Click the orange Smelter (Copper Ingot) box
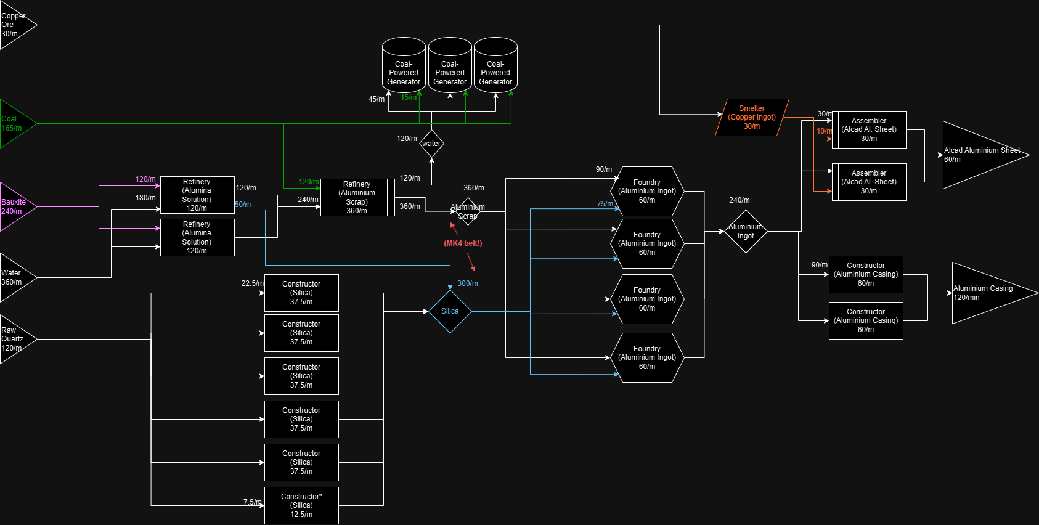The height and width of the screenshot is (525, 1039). pos(752,117)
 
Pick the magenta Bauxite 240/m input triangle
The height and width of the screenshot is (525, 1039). pos(15,207)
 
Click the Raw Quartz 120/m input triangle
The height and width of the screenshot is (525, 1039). pos(15,339)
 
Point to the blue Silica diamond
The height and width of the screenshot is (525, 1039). pos(450,311)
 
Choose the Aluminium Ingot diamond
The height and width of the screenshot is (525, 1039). pos(746,231)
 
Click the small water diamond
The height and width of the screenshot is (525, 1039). pos(431,144)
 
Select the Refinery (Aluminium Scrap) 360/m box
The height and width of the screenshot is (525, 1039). pos(357,197)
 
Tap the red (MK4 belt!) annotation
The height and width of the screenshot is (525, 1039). pos(463,243)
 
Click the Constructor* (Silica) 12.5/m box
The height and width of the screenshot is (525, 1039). pos(301,505)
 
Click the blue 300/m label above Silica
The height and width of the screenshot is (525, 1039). pos(468,283)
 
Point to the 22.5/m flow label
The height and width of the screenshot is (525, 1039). pos(252,283)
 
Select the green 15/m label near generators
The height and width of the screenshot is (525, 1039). pos(409,97)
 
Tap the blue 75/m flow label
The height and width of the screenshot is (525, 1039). pos(605,204)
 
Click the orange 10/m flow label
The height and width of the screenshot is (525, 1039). pos(824,131)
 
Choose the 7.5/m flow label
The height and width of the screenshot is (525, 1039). pos(252,502)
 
